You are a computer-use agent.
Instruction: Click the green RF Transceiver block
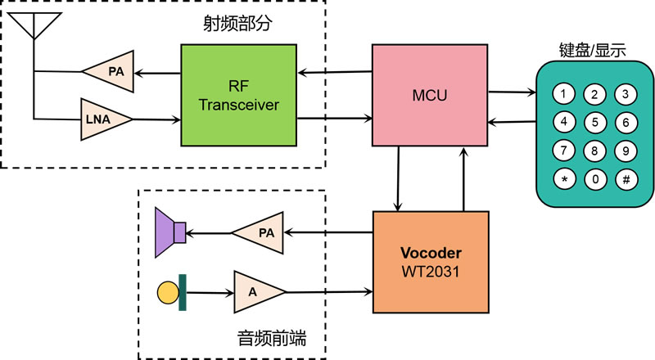[238, 95]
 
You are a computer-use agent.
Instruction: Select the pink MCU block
[431, 95]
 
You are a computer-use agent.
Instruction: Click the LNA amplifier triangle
[104, 119]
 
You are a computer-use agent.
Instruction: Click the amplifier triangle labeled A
[257, 290]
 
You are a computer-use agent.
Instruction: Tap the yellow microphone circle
[168, 290]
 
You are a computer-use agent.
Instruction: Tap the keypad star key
[562, 179]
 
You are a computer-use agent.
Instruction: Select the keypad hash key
[625, 179]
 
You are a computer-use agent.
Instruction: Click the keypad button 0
[594, 179]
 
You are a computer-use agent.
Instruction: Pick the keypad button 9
[625, 151]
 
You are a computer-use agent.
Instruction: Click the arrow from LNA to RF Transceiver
[156, 119]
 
